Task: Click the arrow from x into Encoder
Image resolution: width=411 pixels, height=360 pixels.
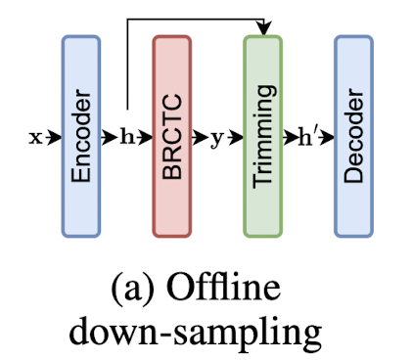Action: [x=51, y=138]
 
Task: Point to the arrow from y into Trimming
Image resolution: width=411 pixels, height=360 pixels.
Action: [x=233, y=138]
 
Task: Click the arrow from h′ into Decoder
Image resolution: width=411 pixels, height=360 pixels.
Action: [x=326, y=138]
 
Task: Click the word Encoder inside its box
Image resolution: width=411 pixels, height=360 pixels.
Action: [x=82, y=138]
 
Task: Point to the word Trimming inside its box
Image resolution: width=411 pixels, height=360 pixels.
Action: [x=262, y=138]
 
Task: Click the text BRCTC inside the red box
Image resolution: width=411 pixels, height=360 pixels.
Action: [x=172, y=138]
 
